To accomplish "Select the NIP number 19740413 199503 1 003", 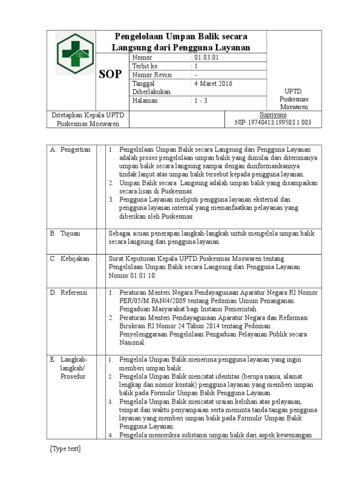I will point(272,123).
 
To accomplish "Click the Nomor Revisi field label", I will point(152,75).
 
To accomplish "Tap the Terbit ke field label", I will point(147,66).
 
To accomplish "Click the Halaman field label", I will point(145,100).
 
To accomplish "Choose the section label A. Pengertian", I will point(70,150).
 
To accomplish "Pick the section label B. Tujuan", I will point(65,233).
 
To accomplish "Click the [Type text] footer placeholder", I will point(65,449).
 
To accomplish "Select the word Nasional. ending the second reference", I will point(133,343).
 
